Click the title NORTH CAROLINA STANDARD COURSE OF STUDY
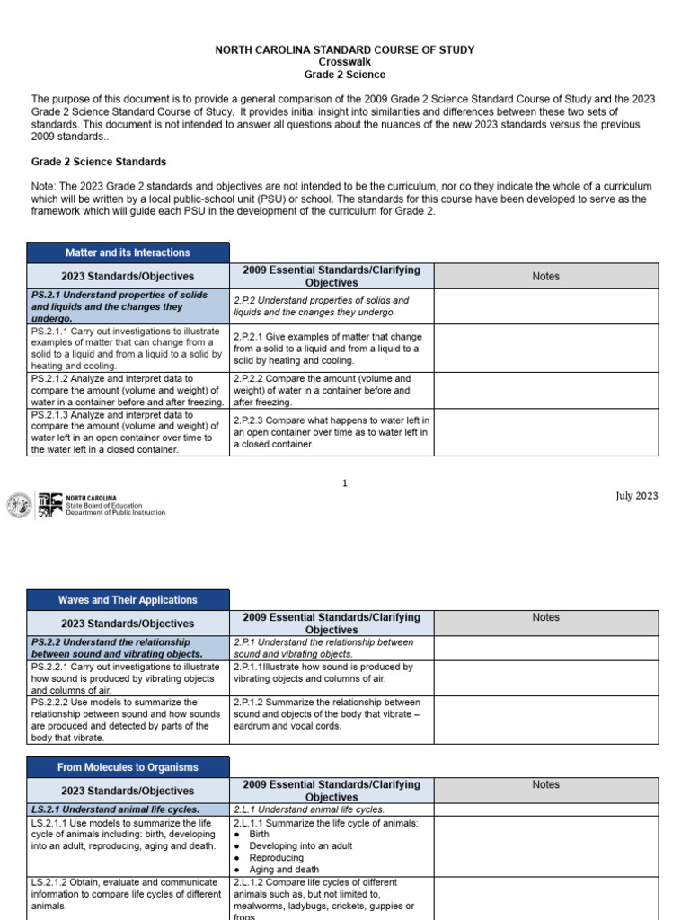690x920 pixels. [344, 49]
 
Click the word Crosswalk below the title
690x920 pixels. [344, 62]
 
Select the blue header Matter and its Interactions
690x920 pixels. [128, 252]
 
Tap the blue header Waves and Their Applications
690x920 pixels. [128, 599]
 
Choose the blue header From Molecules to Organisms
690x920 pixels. [128, 767]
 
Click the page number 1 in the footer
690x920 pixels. [344, 483]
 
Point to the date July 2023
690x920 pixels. [636, 496]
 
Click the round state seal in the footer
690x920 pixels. [18, 505]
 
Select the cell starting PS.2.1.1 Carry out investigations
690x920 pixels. [128, 348]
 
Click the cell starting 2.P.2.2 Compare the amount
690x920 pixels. [332, 391]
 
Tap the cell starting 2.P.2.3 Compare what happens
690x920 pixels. [332, 432]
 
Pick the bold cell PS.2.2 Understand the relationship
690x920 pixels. [128, 649]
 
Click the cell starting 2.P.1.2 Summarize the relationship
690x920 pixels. [332, 714]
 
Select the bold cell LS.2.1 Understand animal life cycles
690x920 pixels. [128, 809]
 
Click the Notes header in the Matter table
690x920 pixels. [545, 276]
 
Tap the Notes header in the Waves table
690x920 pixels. [545, 617]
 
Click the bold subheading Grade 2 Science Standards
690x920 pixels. [99, 162]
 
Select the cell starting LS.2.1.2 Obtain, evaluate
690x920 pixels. [128, 894]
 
